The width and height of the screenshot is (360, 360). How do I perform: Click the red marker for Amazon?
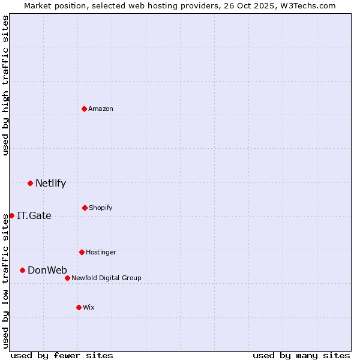pyautogui.click(x=85, y=109)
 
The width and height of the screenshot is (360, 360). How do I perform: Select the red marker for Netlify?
pyautogui.click(x=30, y=183)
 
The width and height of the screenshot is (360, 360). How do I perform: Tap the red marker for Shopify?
pyautogui.click(x=85, y=208)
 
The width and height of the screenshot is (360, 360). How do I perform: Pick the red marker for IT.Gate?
pyautogui.click(x=11, y=215)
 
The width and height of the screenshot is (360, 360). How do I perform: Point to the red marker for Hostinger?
pyautogui.click(x=82, y=252)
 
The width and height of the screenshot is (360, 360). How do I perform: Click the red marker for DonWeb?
pyautogui.click(x=22, y=270)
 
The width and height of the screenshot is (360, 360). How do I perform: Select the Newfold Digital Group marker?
pyautogui.click(x=67, y=278)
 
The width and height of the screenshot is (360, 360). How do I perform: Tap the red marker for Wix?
pyautogui.click(x=79, y=307)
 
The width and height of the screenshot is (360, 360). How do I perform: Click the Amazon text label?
pyautogui.click(x=101, y=109)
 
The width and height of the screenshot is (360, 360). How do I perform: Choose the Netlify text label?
pyautogui.click(x=50, y=183)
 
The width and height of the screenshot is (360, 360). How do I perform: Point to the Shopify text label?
pyautogui.click(x=101, y=208)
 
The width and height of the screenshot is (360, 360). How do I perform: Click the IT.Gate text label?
pyautogui.click(x=34, y=215)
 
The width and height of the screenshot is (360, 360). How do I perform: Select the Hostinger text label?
pyautogui.click(x=101, y=252)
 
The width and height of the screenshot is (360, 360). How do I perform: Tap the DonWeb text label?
pyautogui.click(x=47, y=270)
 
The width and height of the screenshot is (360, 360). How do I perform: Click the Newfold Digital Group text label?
pyautogui.click(x=106, y=278)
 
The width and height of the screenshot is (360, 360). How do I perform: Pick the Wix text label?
pyautogui.click(x=89, y=307)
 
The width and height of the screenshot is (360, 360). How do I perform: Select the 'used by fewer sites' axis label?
pyautogui.click(x=62, y=355)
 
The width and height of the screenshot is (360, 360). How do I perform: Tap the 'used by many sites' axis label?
pyautogui.click(x=301, y=355)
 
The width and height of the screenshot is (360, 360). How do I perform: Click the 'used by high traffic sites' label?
pyautogui.click(x=5, y=85)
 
